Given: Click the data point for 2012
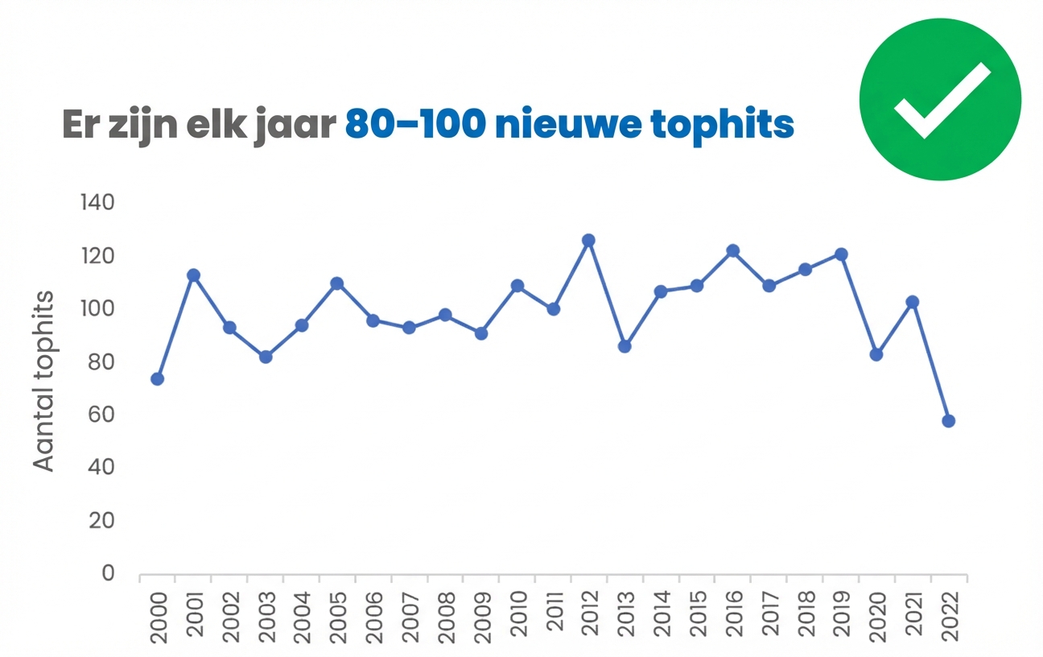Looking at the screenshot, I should (x=588, y=240).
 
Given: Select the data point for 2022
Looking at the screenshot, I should (x=948, y=421).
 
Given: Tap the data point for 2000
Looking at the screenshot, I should (x=158, y=378).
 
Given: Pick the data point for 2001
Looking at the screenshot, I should (x=193, y=275).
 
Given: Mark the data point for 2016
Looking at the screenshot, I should (x=732, y=250).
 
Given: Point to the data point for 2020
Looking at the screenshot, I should (x=876, y=354).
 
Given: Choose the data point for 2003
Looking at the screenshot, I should (x=266, y=357).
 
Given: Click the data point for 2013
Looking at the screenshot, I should (x=625, y=346).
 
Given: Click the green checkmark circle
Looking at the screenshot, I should (x=940, y=100).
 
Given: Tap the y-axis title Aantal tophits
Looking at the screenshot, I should (x=45, y=380).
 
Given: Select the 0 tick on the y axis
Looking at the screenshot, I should (x=108, y=574).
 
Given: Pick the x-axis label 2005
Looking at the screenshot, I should (x=338, y=615).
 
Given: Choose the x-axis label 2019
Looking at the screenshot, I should (x=841, y=615).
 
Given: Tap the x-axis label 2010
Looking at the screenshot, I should (x=517, y=615).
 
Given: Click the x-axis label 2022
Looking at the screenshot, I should (x=949, y=615).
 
